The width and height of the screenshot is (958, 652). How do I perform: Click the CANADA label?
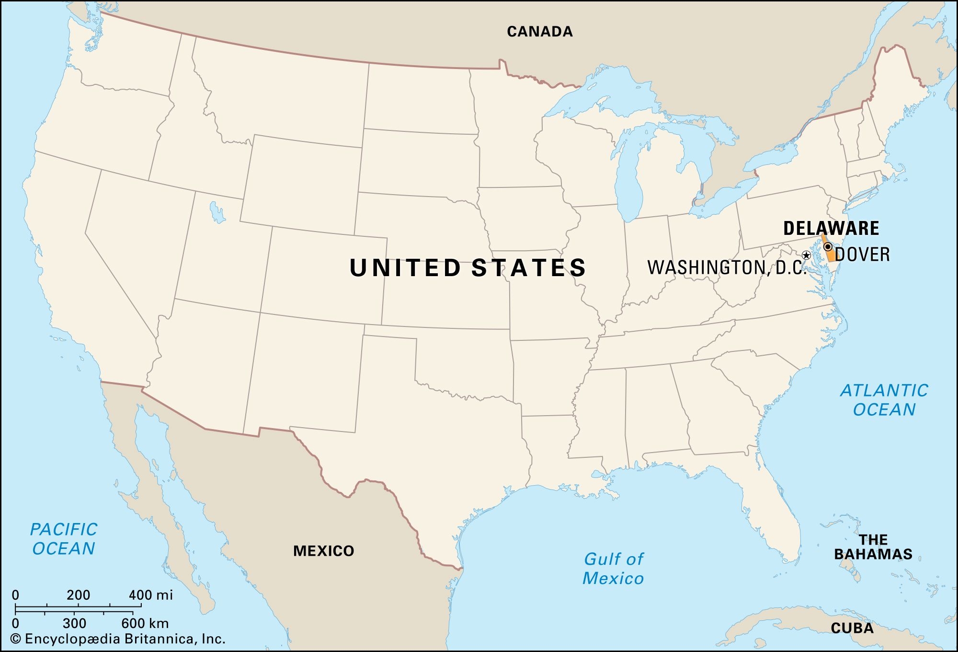coord(540,32)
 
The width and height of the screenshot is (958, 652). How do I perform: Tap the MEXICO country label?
coord(323,551)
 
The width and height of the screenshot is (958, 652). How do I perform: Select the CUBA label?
coord(852,628)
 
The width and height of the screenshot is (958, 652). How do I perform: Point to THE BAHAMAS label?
coord(873,547)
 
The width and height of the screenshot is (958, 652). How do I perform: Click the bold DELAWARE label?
coord(831,228)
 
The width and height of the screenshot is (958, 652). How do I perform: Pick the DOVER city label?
coord(862,255)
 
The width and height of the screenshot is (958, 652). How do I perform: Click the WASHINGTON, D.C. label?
coord(727,268)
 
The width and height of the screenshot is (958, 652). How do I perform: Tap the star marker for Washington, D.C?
coord(806,255)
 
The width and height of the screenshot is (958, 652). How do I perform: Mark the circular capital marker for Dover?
coord(828,247)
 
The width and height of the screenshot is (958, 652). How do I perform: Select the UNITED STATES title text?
coord(468,268)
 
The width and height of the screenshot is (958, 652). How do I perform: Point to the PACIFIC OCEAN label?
coord(64,539)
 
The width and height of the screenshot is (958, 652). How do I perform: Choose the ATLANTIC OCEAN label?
coord(884,400)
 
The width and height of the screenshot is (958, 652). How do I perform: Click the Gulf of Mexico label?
coord(613,569)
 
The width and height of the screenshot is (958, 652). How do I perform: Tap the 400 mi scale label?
coord(150,595)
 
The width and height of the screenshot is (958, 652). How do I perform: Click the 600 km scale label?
coord(145,623)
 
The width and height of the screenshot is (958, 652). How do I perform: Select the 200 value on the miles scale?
coord(79,595)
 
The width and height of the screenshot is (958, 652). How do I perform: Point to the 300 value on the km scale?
coord(74,623)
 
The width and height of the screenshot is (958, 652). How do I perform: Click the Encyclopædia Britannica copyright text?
coord(118,639)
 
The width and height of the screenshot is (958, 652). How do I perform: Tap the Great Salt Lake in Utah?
coord(217,212)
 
